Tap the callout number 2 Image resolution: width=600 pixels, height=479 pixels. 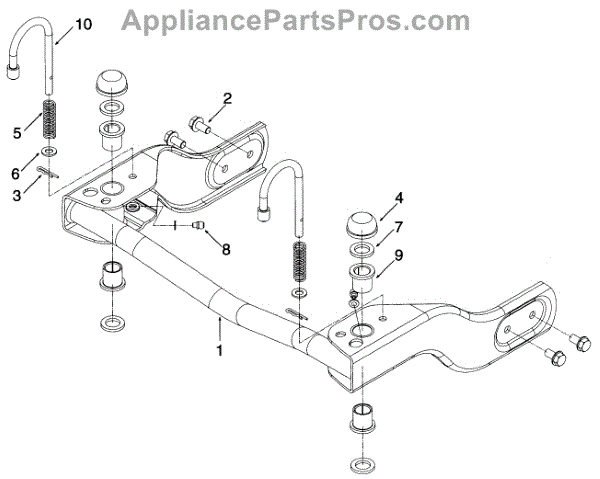click(x=227, y=98)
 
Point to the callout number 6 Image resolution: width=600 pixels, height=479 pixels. click(x=15, y=172)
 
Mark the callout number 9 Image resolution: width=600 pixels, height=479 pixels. click(x=398, y=255)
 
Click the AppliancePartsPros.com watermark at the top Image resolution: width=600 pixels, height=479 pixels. click(x=299, y=18)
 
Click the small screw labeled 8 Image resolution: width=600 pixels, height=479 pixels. click(x=199, y=226)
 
